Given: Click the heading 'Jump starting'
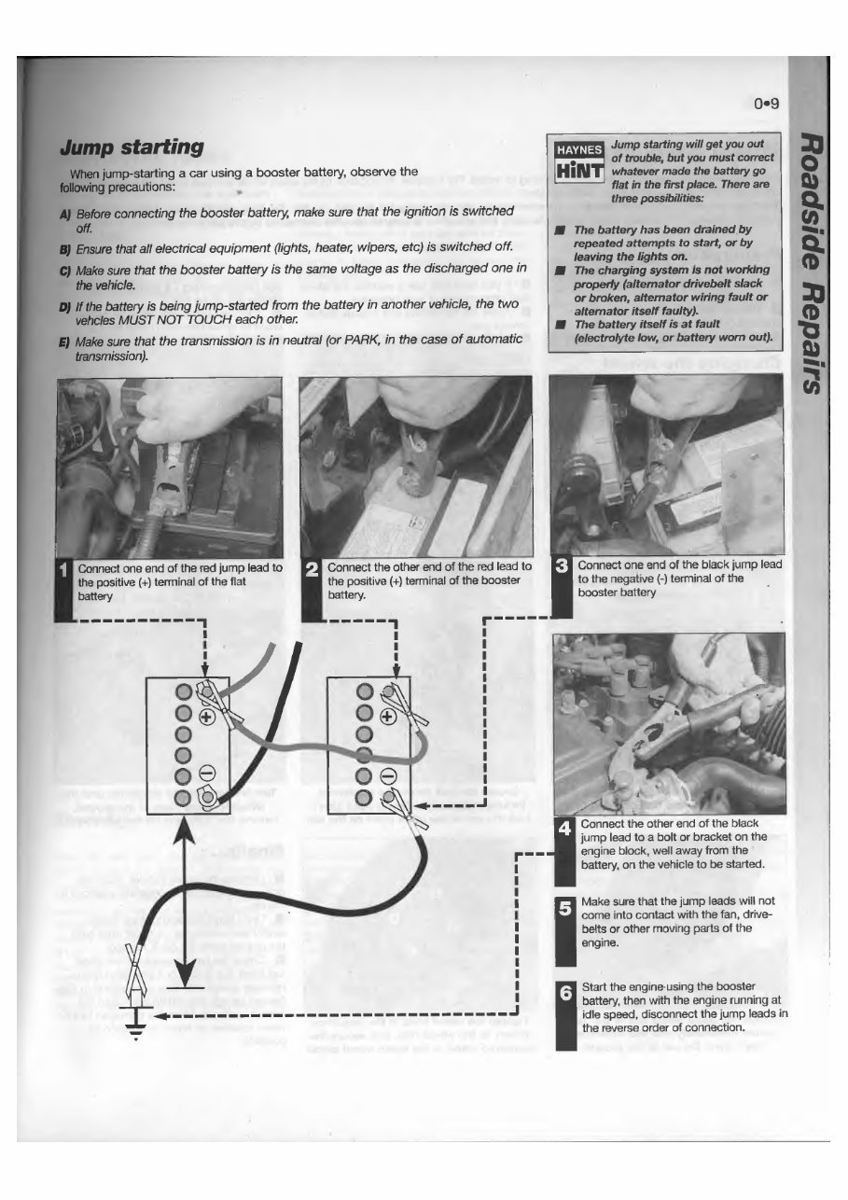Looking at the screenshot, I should tap(132, 147).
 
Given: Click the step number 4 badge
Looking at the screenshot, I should tap(563, 828).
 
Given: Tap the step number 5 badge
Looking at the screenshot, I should tap(563, 907).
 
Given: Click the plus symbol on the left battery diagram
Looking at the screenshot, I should tap(207, 717).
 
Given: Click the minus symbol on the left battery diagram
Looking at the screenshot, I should tap(207, 773).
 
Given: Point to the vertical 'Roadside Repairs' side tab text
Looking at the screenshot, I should tap(814, 262).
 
